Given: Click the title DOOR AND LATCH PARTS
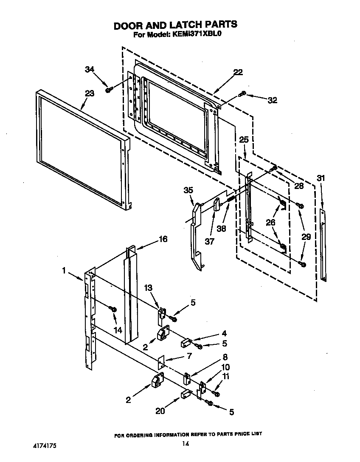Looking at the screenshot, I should point(175,25).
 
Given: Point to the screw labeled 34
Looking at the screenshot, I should point(109,89).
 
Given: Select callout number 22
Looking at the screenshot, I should point(238,72).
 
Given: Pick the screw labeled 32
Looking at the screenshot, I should point(242,94).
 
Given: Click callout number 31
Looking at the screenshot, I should point(321,178).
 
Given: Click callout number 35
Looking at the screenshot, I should point(188,190).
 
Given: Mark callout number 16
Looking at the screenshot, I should point(163,239).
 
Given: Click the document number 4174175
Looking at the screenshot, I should point(45,446).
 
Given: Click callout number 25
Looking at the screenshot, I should point(243,139).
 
